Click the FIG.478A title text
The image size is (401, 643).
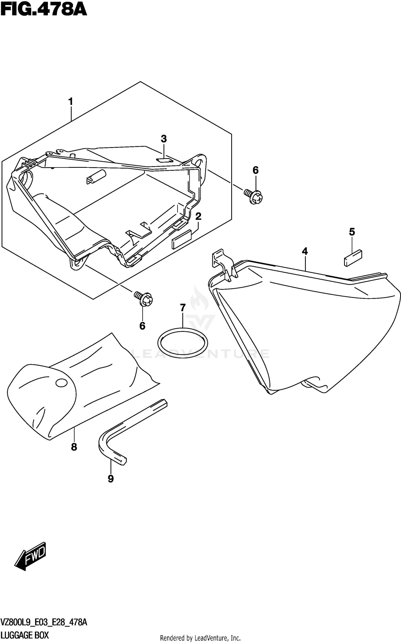[44, 10]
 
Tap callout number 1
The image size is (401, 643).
[71, 102]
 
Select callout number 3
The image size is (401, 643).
[164, 139]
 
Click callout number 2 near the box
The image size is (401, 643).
[198, 216]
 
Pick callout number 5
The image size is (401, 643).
[352, 232]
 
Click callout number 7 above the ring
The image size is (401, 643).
[183, 308]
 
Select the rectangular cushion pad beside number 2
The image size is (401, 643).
[182, 239]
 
